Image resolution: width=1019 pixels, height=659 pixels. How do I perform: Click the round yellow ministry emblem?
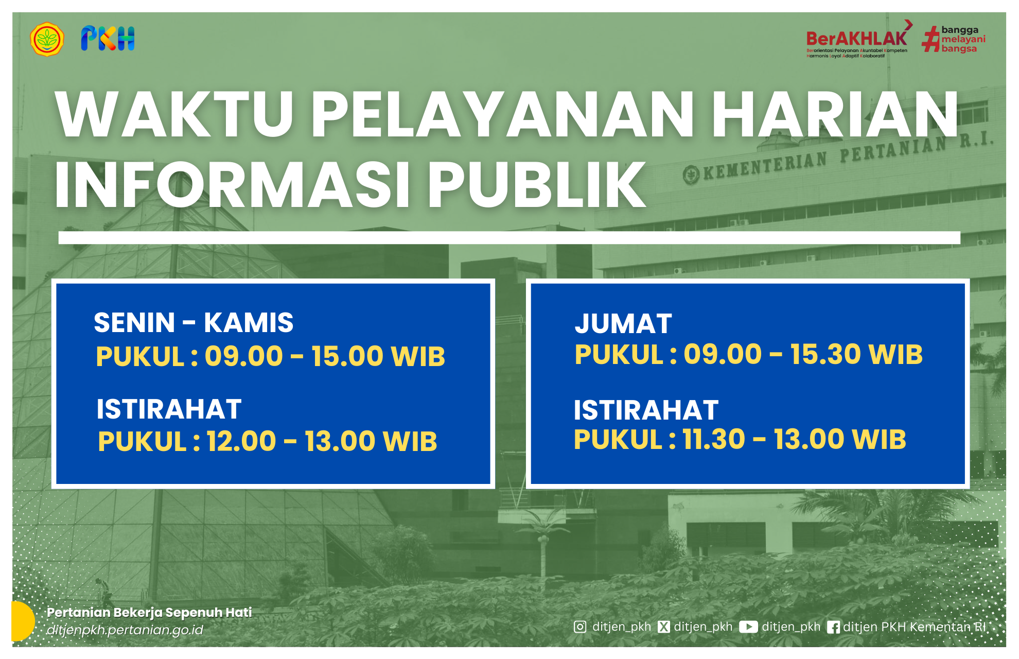(47, 39)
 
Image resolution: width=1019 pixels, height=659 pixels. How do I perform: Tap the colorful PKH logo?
(108, 39)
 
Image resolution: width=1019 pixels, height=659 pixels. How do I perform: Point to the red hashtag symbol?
(930, 40)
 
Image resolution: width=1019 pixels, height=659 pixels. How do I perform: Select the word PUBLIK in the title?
(537, 185)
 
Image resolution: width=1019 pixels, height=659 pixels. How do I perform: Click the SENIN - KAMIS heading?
(194, 323)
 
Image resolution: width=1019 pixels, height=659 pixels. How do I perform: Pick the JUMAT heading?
(623, 324)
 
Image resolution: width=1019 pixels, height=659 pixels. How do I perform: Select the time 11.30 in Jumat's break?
(714, 439)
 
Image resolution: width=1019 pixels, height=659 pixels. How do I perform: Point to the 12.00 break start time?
(241, 441)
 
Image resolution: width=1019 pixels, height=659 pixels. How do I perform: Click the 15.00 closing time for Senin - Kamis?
(347, 356)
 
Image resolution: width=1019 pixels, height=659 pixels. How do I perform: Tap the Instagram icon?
(580, 627)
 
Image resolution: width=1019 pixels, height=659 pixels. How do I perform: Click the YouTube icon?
(748, 627)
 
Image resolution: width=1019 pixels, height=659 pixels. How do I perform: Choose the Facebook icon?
(833, 627)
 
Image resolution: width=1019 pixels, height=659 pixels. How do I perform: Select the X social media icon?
(664, 627)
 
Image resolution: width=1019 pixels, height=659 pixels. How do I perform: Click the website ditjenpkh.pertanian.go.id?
(125, 630)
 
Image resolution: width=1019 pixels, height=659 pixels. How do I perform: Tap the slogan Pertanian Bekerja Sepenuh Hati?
(149, 612)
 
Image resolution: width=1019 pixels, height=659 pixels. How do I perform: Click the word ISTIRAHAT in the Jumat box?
(646, 410)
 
